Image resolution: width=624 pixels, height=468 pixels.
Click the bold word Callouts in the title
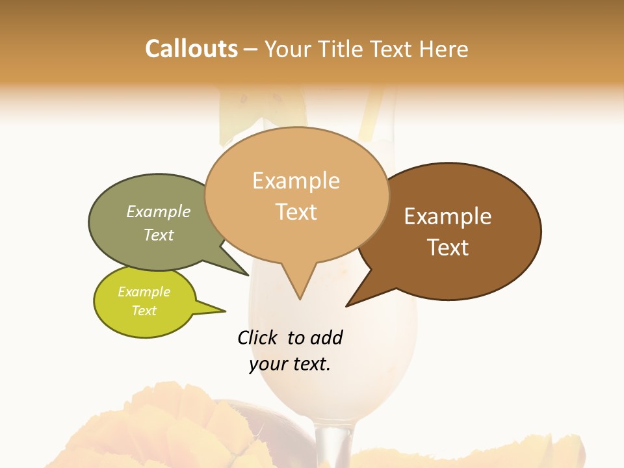tap(191, 49)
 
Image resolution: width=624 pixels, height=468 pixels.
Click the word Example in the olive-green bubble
tap(159, 211)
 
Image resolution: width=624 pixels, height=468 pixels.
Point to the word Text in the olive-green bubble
tap(159, 235)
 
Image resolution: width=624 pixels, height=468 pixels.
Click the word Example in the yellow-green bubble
tap(144, 292)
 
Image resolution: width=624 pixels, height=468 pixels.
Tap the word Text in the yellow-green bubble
tap(144, 311)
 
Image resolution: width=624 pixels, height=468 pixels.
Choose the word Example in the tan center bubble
tap(296, 181)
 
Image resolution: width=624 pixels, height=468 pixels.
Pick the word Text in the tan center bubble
tap(296, 212)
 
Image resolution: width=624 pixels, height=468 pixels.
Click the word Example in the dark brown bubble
tap(448, 216)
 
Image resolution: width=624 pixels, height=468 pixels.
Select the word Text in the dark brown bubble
tap(448, 248)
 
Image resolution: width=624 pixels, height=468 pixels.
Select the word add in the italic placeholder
tap(326, 337)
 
